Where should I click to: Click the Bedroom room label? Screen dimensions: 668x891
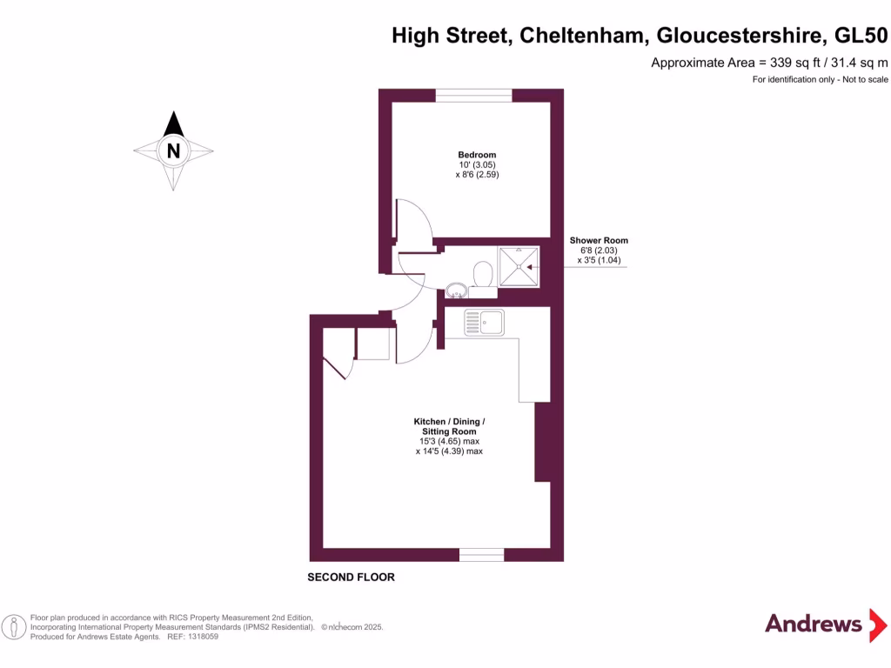tap(477, 155)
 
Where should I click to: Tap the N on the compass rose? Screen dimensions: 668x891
tap(174, 150)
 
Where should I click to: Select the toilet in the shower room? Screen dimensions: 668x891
tap(482, 275)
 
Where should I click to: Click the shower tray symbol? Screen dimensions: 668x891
tap(519, 265)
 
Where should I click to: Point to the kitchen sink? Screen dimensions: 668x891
tap(484, 323)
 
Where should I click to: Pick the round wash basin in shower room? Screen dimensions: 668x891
tap(456, 291)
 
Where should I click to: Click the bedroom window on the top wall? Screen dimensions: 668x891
tap(473, 96)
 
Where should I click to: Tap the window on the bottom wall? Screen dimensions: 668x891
tap(481, 554)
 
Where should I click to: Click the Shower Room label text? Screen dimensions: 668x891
tap(599, 241)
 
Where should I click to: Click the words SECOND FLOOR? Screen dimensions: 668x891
tap(352, 578)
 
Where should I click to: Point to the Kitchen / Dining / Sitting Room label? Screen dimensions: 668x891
tap(449, 427)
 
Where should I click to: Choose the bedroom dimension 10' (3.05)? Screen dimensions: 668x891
tap(477, 165)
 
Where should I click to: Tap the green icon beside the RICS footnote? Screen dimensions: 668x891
tap(14, 626)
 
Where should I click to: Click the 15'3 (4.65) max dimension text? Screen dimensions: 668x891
tap(449, 442)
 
